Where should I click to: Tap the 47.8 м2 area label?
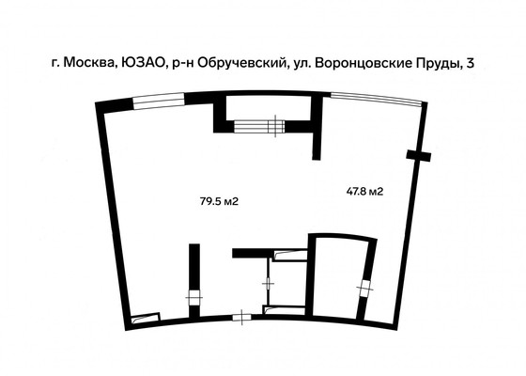(x=365, y=192)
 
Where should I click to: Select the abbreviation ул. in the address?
(x=302, y=64)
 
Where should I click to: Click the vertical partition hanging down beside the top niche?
(x=317, y=136)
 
